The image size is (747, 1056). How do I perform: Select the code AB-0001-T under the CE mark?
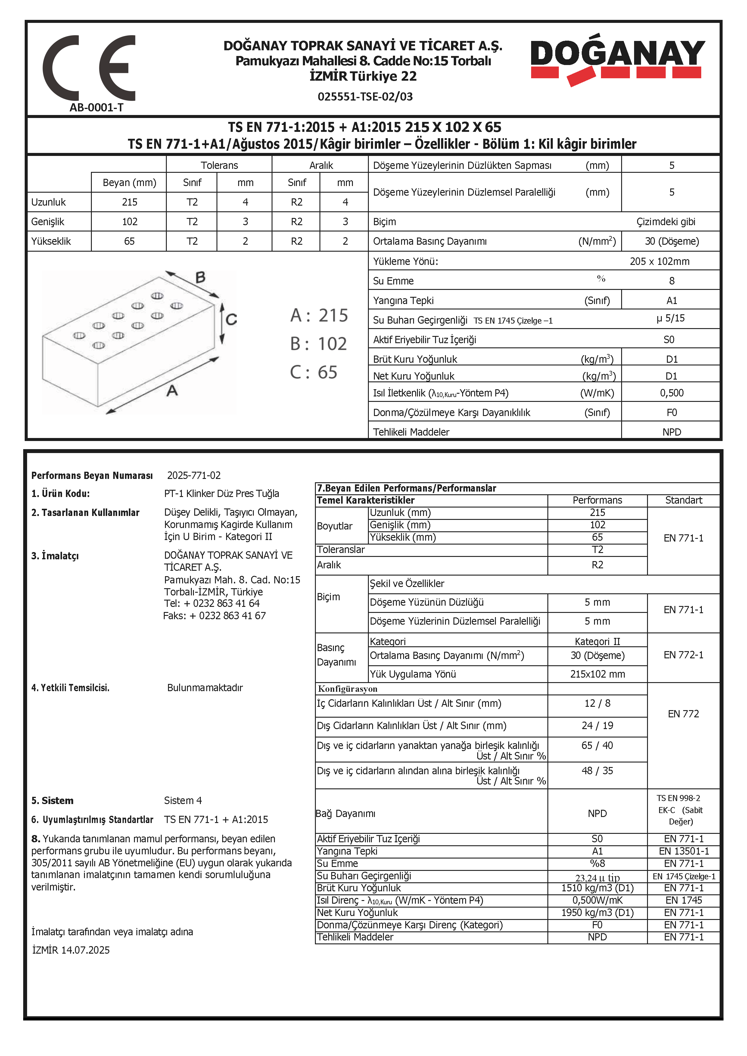point(97,108)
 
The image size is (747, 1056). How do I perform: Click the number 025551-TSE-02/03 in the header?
point(365,97)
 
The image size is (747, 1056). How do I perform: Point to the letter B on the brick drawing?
point(200,277)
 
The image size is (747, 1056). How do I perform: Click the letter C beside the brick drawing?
point(231,319)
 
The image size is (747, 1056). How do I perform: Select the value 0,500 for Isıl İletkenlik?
point(671,393)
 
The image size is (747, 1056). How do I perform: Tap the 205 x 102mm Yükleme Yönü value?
point(660,261)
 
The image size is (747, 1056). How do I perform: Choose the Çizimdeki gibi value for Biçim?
point(666,222)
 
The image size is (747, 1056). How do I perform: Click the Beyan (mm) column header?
point(129,183)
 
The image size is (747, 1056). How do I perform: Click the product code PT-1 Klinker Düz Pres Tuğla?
point(221,493)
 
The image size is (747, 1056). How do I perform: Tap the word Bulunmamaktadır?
point(205,688)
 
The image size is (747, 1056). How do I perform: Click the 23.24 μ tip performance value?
point(597,877)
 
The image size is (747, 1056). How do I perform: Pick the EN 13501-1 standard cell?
point(683,851)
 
